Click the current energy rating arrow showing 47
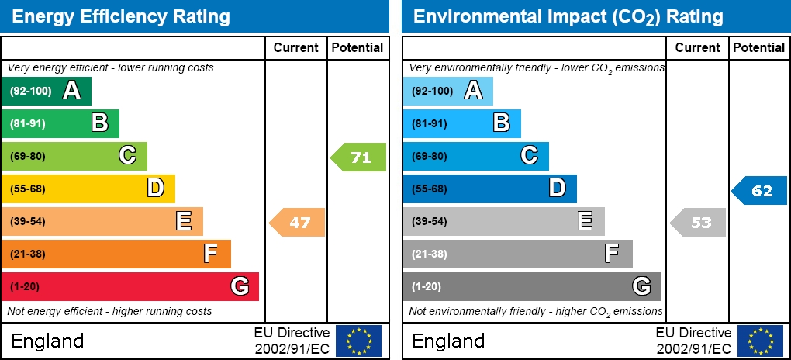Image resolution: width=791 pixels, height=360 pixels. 298,222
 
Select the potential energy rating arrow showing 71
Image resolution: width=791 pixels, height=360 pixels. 359,157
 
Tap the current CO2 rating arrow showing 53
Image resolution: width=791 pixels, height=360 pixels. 699,222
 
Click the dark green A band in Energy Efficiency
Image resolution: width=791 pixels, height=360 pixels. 47,91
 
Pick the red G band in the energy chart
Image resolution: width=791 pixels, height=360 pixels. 130,286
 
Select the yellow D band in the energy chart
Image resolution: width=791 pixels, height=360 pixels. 88,189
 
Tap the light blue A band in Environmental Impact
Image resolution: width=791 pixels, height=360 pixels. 447,91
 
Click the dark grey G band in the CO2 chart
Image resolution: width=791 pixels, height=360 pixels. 531,286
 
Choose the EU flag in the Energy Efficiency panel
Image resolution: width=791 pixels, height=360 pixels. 358,341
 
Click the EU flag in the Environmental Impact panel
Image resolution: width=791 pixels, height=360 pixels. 760,341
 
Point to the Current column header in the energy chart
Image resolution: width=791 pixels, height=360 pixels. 296,47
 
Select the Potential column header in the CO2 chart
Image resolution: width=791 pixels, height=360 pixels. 759,47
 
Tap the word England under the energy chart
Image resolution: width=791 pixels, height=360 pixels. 47,341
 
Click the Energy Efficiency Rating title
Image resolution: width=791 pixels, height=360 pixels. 121,16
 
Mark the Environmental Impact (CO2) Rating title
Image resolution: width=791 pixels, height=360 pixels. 568,16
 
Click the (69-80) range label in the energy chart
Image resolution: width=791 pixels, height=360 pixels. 28,156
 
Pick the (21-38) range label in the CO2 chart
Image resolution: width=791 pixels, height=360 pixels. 429,254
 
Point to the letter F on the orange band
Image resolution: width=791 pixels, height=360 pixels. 210,253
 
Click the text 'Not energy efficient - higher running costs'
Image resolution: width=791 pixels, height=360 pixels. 109,311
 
